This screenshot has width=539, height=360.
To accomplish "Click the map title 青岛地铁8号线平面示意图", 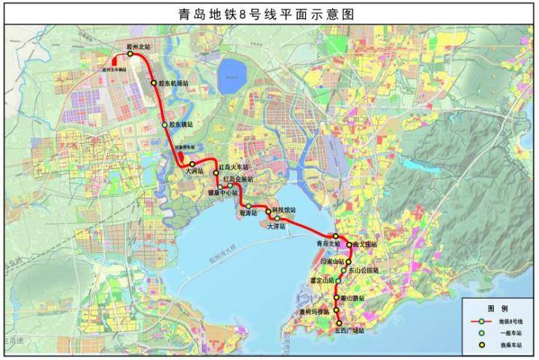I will (269, 13).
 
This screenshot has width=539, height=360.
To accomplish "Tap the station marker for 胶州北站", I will (130, 53).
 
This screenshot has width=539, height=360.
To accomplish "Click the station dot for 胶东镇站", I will (165, 125).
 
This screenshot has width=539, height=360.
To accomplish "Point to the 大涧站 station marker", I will (192, 164).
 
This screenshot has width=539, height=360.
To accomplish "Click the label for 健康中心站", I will (224, 192).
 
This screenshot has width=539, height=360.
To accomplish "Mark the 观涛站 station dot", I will (248, 206).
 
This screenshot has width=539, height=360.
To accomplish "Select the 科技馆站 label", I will (284, 210).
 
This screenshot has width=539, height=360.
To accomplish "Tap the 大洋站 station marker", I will (277, 218).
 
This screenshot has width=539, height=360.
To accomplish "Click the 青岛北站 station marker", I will (336, 236).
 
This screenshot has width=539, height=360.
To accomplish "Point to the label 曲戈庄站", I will (365, 245).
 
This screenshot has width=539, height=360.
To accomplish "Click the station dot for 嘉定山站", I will (338, 280).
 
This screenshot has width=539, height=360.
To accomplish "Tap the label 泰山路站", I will (353, 297).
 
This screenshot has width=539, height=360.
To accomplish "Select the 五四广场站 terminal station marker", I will (339, 323).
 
